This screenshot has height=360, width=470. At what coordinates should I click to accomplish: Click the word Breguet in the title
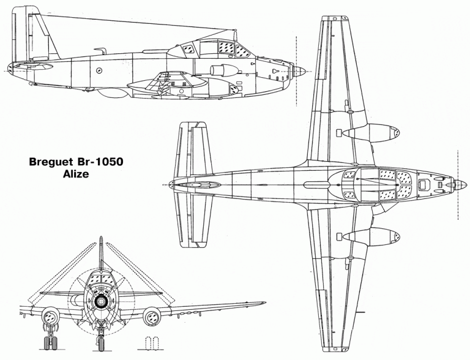51,162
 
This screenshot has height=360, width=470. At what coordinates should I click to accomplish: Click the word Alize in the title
76,174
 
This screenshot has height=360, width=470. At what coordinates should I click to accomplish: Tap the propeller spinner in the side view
299,72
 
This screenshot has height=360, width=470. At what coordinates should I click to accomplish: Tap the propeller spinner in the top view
461,185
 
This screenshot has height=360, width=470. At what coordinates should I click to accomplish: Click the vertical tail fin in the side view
33,33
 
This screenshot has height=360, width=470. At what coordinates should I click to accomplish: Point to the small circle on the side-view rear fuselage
99,71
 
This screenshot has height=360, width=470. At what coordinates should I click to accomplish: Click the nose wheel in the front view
100,343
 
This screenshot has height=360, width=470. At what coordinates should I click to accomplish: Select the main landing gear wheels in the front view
51,343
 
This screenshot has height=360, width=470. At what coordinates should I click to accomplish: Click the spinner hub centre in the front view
100,301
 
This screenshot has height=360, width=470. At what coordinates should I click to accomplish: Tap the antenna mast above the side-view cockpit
236,36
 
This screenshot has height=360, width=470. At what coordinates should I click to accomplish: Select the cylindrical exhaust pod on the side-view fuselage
224,70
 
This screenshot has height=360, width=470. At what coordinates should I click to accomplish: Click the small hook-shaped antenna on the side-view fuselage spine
100,50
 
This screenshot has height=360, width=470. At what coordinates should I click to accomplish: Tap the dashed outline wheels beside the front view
151,343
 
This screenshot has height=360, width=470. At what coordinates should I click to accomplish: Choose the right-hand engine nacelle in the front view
152,317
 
